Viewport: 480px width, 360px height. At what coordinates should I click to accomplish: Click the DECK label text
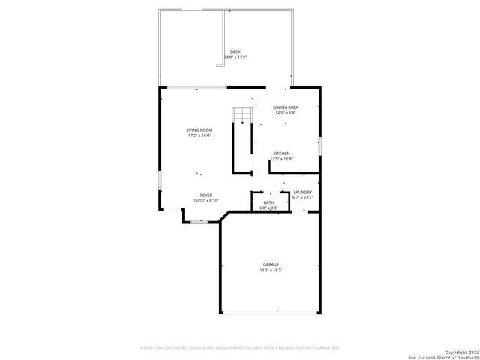pos(235,52)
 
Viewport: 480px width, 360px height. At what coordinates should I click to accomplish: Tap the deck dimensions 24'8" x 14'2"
pos(235,57)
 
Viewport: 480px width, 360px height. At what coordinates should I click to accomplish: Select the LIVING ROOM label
pos(199,130)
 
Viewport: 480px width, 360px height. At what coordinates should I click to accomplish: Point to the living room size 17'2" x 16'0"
pos(199,136)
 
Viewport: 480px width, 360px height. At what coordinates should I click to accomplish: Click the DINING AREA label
pos(286,107)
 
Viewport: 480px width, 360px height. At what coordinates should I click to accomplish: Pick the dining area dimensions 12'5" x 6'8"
pos(286,112)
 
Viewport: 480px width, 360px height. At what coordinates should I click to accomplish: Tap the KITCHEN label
pos(281,154)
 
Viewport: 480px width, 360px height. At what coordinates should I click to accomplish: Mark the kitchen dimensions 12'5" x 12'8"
pos(281,159)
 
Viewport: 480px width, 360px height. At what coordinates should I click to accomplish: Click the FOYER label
pos(205,196)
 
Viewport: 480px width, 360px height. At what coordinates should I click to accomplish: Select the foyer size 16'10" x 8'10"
pos(205,201)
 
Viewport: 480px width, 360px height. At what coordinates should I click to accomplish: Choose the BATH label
pos(268,202)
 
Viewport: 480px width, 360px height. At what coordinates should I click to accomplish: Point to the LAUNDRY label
pos(302,193)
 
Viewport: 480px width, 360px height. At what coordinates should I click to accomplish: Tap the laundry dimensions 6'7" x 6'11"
pos(302,198)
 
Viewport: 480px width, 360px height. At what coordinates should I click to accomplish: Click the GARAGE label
pos(271,264)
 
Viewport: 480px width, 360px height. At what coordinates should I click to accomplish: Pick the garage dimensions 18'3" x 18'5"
pos(271,269)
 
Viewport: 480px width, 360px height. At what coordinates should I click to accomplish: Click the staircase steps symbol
pos(241,115)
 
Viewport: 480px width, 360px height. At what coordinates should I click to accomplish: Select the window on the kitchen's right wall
pos(319,145)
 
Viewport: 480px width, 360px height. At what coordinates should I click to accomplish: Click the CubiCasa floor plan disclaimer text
pos(240,348)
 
